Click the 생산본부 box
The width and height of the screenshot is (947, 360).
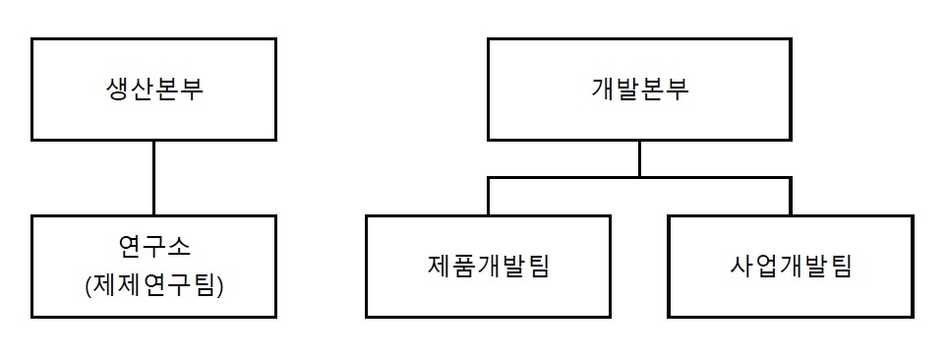[152, 90]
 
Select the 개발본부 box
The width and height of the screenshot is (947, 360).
[639, 90]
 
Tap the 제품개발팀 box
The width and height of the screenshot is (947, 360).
[488, 266]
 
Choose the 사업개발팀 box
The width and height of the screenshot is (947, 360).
[790, 266]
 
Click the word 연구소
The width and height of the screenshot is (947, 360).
[152, 246]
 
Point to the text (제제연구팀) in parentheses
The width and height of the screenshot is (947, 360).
[152, 285]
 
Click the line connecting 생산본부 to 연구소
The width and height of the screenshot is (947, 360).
[152, 177]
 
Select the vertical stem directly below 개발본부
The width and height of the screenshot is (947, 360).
[639, 158]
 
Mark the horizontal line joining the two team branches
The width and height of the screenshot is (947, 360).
[565, 178]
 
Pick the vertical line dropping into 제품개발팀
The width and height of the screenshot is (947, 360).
[489, 197]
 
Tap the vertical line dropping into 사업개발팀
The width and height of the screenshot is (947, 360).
[790, 197]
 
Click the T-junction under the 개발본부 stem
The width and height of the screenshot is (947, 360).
[639, 178]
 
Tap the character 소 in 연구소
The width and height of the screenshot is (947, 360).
[185, 246]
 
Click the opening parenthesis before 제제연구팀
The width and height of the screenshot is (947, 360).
[89, 285]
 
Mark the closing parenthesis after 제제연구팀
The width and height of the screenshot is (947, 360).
[217, 285]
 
